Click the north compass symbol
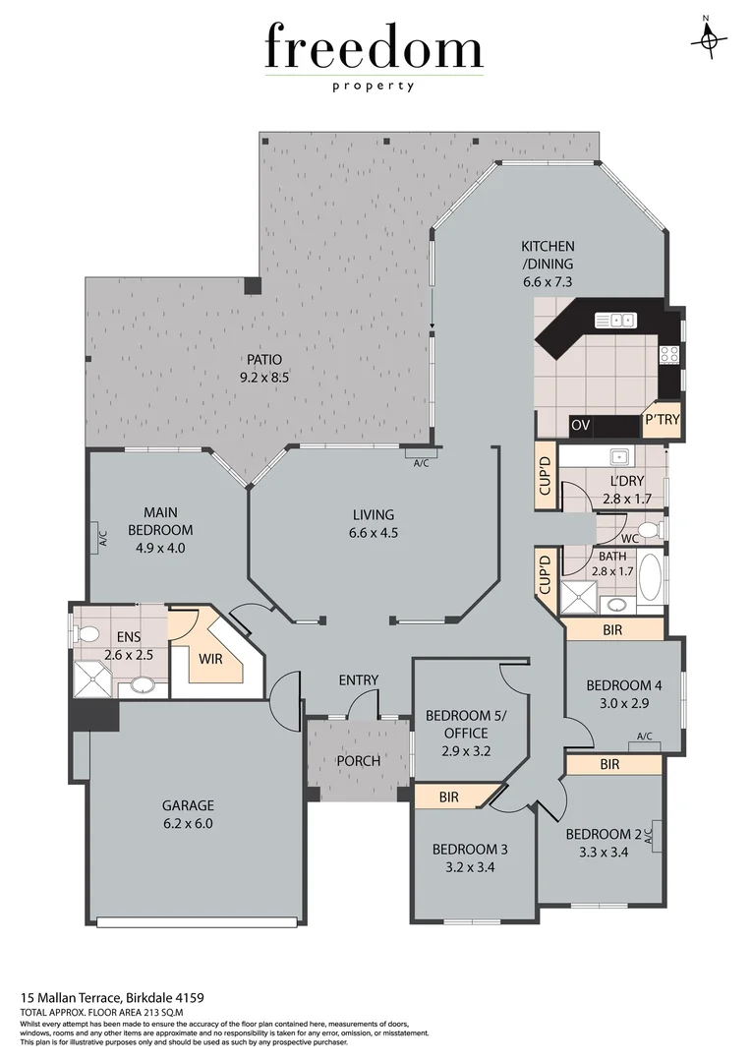coord(707,38)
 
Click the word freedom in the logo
coord(374,49)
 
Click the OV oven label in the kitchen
coord(580,426)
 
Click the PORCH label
coord(358,761)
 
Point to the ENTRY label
coord(358,680)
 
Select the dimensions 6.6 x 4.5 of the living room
coord(373,533)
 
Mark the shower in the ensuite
coord(94,678)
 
